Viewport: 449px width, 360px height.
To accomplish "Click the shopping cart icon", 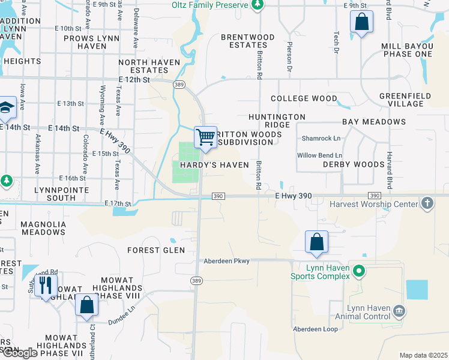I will pyautogui.click(x=205, y=137).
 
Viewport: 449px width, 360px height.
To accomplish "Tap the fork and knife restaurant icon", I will pyautogui.click(x=46, y=285).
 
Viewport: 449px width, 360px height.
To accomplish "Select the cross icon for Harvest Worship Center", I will pyautogui.click(x=427, y=203).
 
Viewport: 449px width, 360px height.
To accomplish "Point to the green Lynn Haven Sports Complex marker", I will pyautogui.click(x=359, y=271).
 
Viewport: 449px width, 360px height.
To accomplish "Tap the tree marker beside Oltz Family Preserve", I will pyautogui.click(x=258, y=5).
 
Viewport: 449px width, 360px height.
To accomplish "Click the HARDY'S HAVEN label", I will pyautogui.click(x=211, y=165).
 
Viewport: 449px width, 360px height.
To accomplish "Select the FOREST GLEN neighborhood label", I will pyautogui.click(x=152, y=250).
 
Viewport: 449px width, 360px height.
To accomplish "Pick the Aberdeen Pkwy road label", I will pyautogui.click(x=226, y=261).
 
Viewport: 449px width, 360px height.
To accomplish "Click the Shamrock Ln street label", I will pyautogui.click(x=321, y=139).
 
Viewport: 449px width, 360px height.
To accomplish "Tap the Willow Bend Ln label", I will pyautogui.click(x=319, y=155).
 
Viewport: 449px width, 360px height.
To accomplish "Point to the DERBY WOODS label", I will pyautogui.click(x=354, y=164).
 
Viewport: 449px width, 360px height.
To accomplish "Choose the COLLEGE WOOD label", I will pyautogui.click(x=304, y=98).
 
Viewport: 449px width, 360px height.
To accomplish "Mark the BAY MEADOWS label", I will pyautogui.click(x=374, y=122).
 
